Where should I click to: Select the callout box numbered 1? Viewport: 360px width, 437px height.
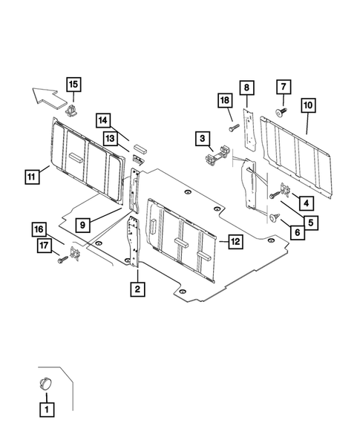(x=46, y=408)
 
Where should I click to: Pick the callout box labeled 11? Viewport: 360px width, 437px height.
(x=32, y=177)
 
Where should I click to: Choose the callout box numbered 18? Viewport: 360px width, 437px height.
(x=224, y=100)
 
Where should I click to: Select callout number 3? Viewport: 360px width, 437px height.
(x=201, y=137)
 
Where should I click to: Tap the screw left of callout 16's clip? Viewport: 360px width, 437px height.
(x=59, y=260)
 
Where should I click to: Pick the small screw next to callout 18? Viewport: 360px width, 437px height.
(x=232, y=128)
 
